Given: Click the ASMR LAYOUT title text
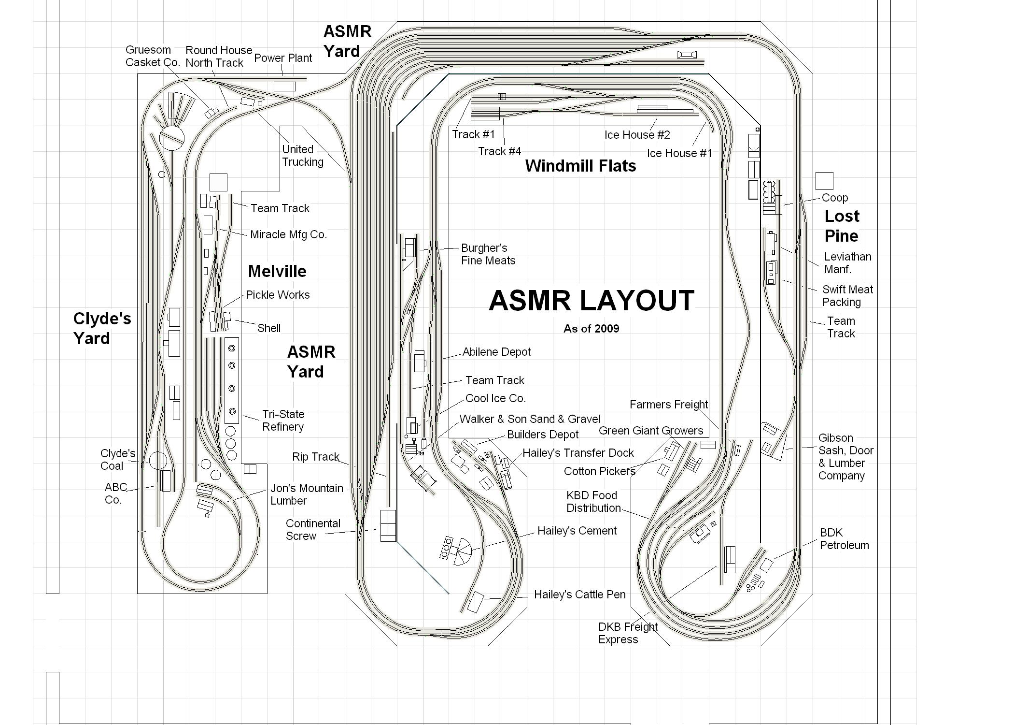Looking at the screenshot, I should click(x=591, y=301).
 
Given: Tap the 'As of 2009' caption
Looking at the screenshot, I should click(x=591, y=329).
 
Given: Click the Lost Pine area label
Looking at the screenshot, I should click(x=842, y=226).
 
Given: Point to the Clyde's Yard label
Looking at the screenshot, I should click(x=102, y=328).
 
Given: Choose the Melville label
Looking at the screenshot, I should click(x=277, y=271).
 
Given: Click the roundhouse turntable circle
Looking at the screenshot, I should click(x=172, y=137).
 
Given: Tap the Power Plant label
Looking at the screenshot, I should click(x=283, y=58).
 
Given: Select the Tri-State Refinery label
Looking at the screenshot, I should click(x=283, y=420).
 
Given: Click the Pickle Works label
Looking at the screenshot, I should click(x=278, y=295).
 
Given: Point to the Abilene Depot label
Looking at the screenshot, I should click(x=496, y=352).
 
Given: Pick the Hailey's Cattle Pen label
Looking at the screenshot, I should click(x=579, y=594).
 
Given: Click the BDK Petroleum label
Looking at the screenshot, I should click(x=844, y=539).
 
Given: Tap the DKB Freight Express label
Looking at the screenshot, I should click(x=627, y=633).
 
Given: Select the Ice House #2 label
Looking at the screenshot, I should click(x=637, y=135).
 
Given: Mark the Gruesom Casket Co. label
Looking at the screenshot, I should click(x=153, y=56).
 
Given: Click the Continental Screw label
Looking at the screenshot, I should click(x=313, y=530).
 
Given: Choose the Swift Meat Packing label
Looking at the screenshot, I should click(x=847, y=296).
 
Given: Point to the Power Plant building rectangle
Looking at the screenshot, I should click(x=284, y=87).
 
